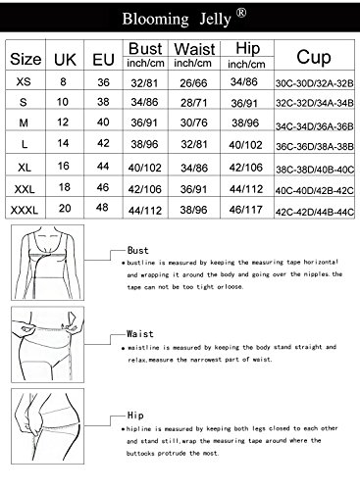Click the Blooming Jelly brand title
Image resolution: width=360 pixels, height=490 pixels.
tap(177, 19)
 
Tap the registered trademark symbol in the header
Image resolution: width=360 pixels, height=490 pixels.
tap(241, 13)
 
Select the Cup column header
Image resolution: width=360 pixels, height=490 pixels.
tap(314, 57)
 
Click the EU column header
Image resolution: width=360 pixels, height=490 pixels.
tap(103, 60)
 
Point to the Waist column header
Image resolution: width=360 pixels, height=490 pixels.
tap(194, 49)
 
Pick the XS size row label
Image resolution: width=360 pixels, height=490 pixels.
tap(24, 81)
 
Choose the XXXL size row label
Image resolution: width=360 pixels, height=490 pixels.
tap(25, 210)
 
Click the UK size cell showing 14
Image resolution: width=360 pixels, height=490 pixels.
tap(63, 143)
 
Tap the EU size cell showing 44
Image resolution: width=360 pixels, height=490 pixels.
tap(103, 166)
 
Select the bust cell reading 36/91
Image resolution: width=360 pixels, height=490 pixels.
tap(144, 122)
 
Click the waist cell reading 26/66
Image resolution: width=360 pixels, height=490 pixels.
tap(193, 83)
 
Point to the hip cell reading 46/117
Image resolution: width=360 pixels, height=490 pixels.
tap(246, 210)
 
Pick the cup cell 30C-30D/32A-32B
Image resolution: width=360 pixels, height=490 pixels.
tap(314, 83)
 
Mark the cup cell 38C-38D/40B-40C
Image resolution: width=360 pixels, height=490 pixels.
tap(315, 170)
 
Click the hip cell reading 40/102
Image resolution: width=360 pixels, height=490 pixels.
tap(245, 145)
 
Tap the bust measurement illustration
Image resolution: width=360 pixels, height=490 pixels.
tap(48, 263)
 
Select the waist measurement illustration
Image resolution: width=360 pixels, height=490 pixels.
tap(48, 344)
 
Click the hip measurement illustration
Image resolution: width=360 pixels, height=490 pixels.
tap(48, 426)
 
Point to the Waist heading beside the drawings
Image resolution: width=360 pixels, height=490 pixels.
tap(140, 334)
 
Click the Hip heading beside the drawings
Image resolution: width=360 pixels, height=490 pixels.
tap(135, 416)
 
